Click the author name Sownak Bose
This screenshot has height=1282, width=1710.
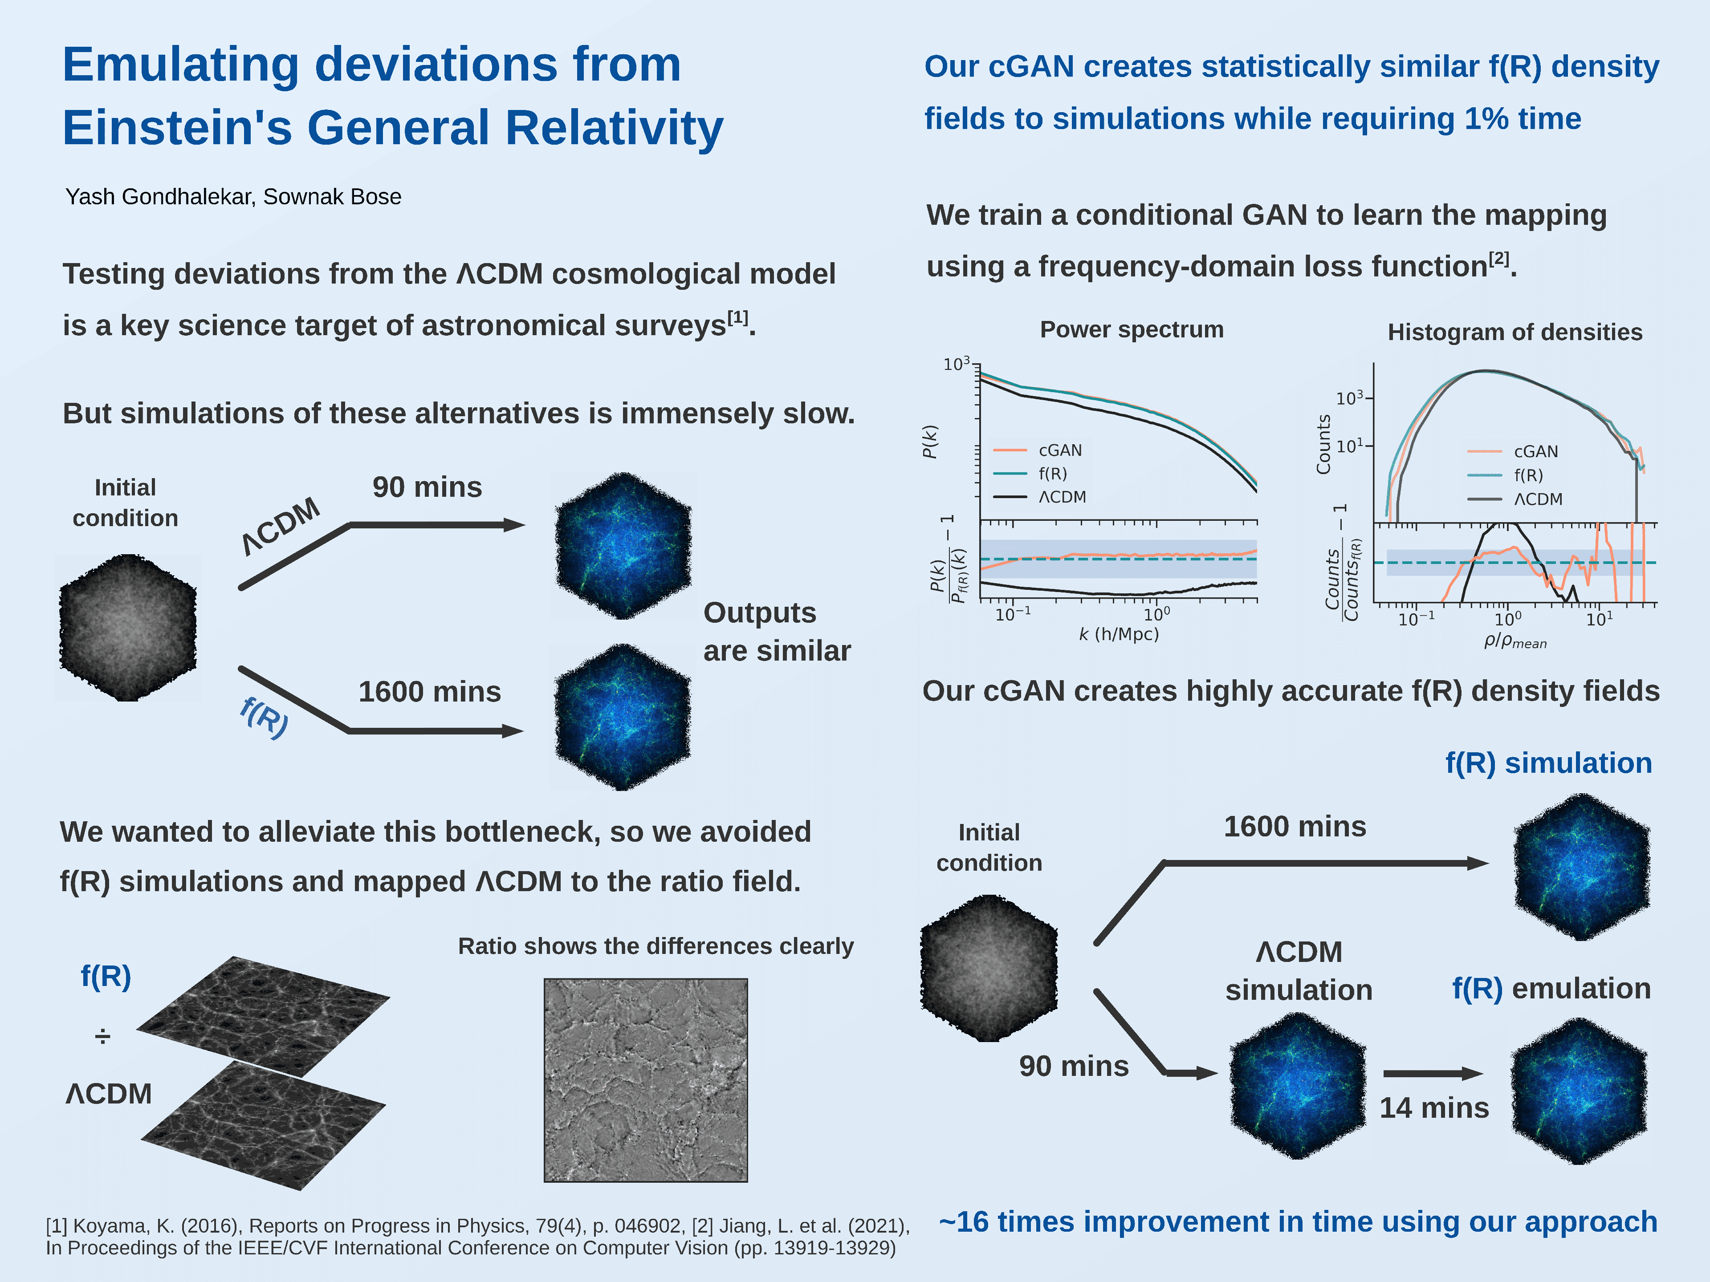click(x=332, y=197)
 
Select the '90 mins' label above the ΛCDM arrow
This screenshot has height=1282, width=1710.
click(x=427, y=487)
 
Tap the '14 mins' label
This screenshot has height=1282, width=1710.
click(x=1434, y=1108)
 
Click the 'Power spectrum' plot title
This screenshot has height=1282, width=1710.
click(x=1132, y=330)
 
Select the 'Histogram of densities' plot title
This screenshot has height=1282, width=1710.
click(x=1515, y=332)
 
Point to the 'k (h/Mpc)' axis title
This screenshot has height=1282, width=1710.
click(x=1119, y=634)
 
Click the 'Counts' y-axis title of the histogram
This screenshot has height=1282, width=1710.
click(x=1323, y=444)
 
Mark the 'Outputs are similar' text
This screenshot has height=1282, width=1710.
click(x=777, y=631)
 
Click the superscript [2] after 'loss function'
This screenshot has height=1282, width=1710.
click(x=1499, y=258)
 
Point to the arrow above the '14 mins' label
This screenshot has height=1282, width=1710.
click(x=1433, y=1073)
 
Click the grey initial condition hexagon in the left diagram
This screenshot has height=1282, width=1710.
click(x=128, y=628)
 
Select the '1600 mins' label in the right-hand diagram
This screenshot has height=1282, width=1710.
click(x=1295, y=827)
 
